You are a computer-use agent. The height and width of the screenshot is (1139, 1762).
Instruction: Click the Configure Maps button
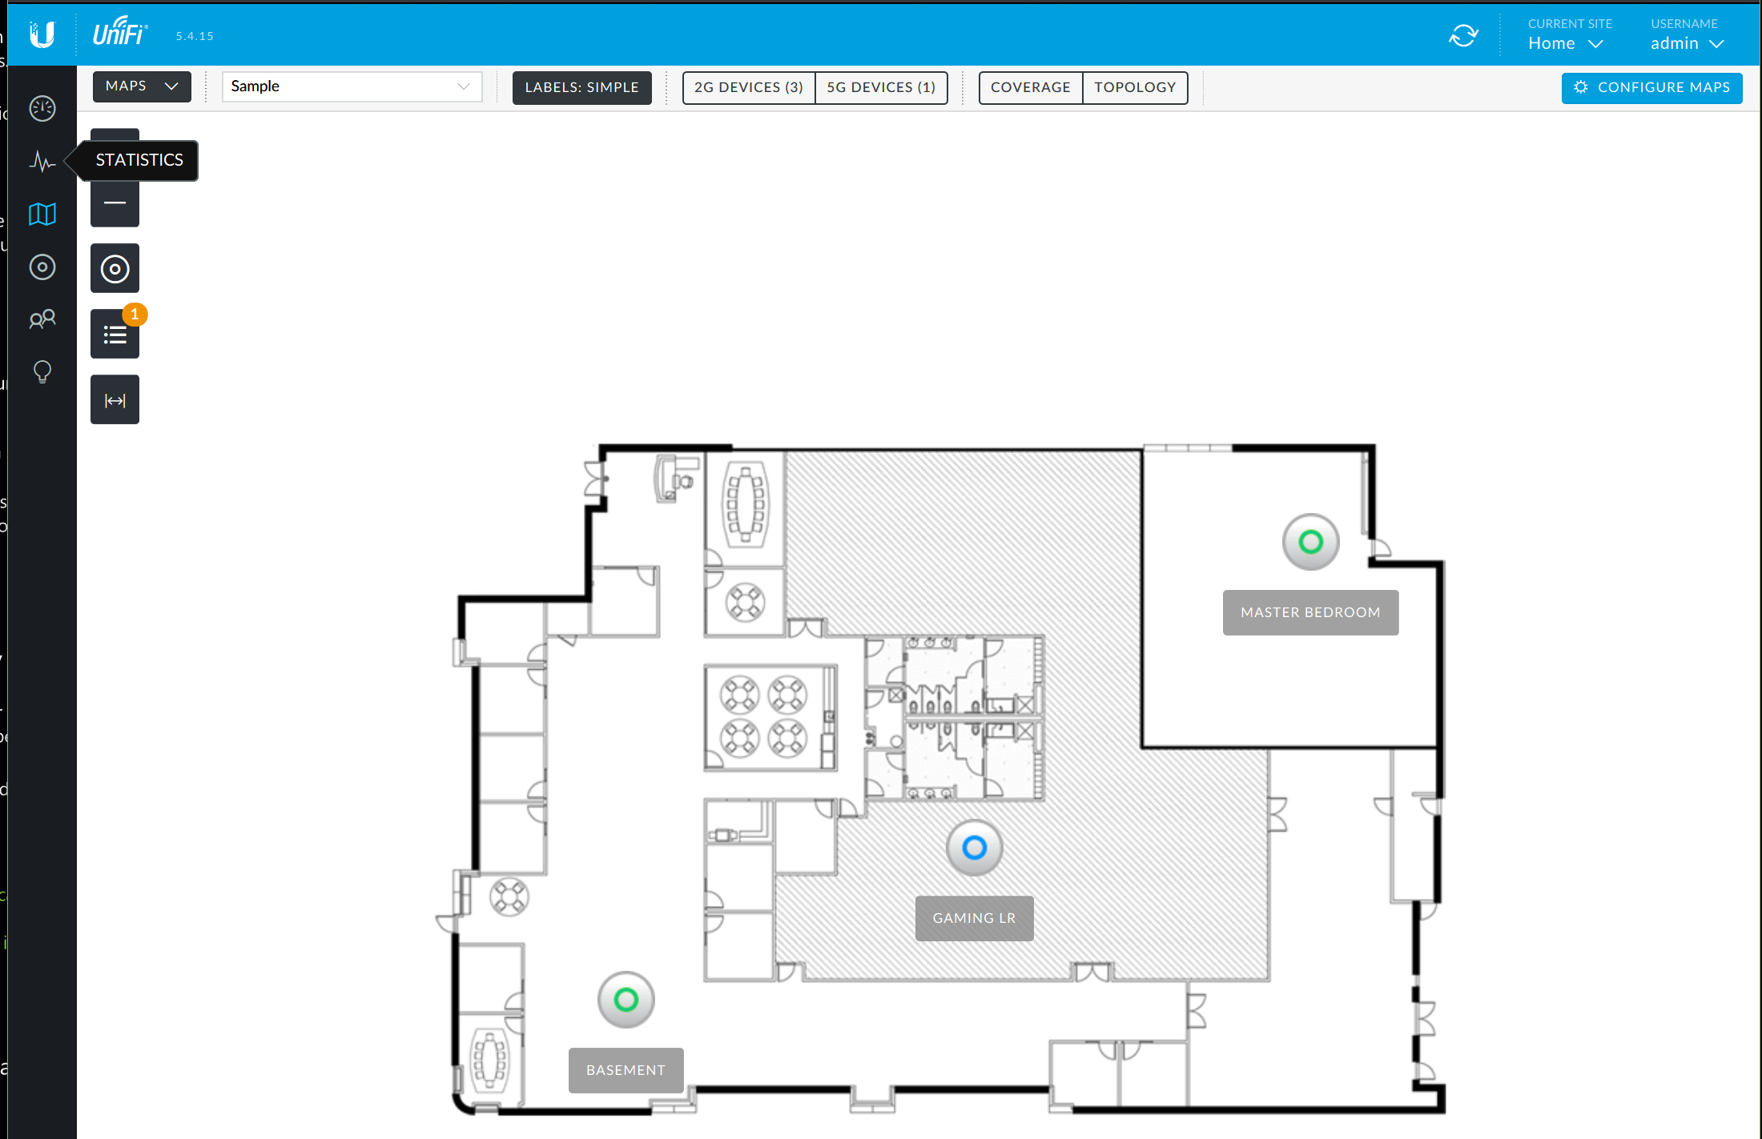tap(1651, 87)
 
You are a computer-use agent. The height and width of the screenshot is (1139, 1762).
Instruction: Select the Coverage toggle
tap(1031, 87)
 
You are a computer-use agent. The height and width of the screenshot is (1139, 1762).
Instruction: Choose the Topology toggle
tap(1135, 87)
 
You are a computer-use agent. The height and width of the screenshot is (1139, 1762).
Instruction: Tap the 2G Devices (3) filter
tap(749, 87)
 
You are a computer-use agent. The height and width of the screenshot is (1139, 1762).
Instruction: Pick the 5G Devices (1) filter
tap(881, 87)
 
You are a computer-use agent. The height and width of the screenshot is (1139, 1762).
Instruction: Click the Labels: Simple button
tap(582, 87)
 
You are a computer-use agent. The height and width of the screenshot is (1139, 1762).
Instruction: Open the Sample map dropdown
tap(352, 86)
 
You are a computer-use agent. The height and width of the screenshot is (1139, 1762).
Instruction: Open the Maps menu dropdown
tap(142, 86)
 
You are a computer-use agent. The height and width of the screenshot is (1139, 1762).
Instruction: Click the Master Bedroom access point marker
tap(1311, 542)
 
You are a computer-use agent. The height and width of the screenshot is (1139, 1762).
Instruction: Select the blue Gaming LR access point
tap(975, 848)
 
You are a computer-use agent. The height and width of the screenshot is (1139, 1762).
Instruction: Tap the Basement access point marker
tap(626, 1000)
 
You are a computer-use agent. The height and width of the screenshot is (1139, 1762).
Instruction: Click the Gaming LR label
tap(975, 918)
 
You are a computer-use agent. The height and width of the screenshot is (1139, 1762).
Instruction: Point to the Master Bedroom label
tap(1311, 612)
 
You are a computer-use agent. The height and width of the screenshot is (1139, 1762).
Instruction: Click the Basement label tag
tap(626, 1070)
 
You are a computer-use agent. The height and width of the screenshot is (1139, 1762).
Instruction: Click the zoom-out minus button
tap(115, 203)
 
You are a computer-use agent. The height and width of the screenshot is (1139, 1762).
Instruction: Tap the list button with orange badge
tap(115, 335)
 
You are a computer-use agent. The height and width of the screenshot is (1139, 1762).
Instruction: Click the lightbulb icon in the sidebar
tap(42, 372)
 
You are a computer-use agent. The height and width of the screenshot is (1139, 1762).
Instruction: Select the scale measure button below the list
tap(115, 399)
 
